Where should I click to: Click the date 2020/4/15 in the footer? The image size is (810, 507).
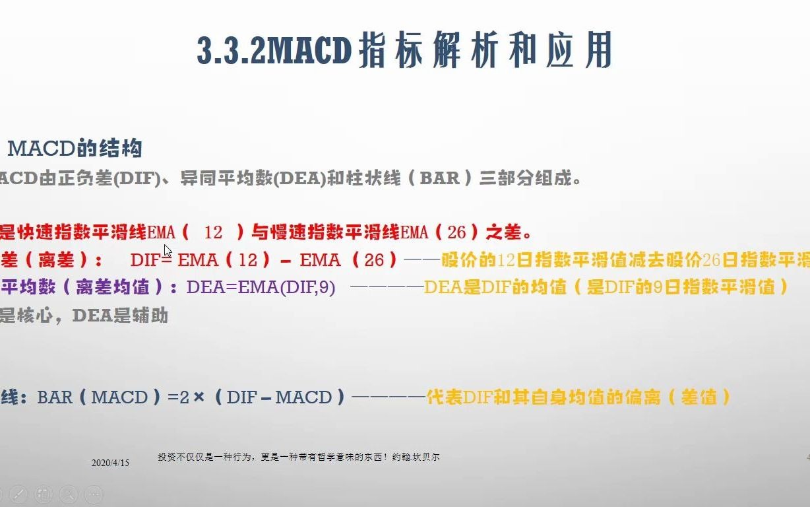(x=110, y=463)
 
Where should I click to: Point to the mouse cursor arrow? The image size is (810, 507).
(x=168, y=251)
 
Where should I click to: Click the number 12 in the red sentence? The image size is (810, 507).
(x=213, y=232)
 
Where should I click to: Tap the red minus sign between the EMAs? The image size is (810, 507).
(x=286, y=260)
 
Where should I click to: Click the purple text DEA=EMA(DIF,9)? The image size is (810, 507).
(x=261, y=287)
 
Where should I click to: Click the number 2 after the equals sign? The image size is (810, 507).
(x=184, y=397)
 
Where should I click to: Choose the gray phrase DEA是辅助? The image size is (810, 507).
(x=120, y=316)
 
